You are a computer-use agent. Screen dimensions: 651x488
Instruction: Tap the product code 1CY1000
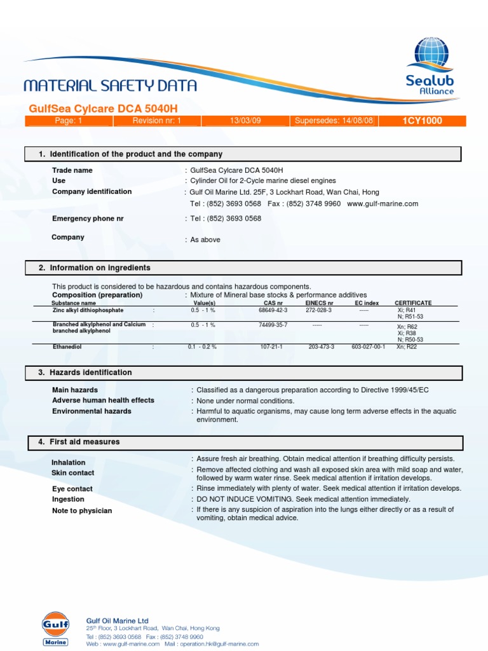click(x=422, y=121)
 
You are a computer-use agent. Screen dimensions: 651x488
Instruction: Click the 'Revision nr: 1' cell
click(x=157, y=121)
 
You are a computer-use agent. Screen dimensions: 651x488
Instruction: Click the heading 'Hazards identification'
click(x=91, y=373)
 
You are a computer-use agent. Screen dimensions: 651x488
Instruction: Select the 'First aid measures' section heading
click(x=85, y=442)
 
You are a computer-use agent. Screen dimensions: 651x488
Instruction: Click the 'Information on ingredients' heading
click(x=100, y=268)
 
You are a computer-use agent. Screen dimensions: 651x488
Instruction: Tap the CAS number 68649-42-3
click(x=273, y=310)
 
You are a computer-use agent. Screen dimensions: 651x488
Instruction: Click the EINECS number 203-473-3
click(x=321, y=347)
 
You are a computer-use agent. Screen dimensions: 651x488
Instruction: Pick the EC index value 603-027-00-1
click(x=369, y=347)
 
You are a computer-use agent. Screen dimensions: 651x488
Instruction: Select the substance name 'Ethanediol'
click(x=68, y=347)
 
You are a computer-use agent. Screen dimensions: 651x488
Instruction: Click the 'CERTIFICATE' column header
click(x=413, y=303)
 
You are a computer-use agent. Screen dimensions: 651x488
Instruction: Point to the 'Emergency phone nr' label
click(x=88, y=218)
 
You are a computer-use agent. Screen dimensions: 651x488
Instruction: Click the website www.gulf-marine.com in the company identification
click(x=383, y=203)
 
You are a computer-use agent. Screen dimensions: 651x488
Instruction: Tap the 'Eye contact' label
click(x=72, y=489)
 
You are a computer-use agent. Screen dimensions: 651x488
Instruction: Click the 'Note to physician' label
click(x=82, y=511)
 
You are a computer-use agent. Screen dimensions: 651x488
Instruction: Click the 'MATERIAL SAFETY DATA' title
click(x=110, y=86)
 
